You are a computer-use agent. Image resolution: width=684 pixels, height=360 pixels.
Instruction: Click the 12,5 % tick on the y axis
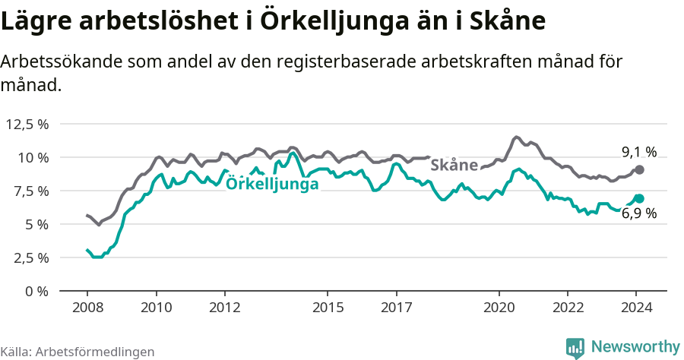(28, 124)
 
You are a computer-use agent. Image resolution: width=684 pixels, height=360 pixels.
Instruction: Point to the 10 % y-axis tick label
(33, 157)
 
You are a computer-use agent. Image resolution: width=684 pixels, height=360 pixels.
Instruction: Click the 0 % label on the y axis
(36, 291)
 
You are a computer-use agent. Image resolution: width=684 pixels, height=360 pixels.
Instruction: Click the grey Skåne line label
(454, 165)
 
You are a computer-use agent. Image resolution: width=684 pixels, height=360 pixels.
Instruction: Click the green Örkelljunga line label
(273, 183)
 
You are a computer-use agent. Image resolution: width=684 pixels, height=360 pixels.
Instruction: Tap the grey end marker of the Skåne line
(639, 169)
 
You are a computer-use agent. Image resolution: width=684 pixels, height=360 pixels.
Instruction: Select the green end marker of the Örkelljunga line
(639, 198)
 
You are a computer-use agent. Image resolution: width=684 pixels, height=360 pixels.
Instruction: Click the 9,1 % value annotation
(638, 152)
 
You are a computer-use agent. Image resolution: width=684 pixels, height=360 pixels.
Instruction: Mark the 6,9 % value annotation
(638, 214)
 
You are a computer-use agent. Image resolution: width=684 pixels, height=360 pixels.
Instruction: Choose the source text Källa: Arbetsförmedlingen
(78, 352)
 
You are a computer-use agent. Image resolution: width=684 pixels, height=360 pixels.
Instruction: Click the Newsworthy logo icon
(575, 348)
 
